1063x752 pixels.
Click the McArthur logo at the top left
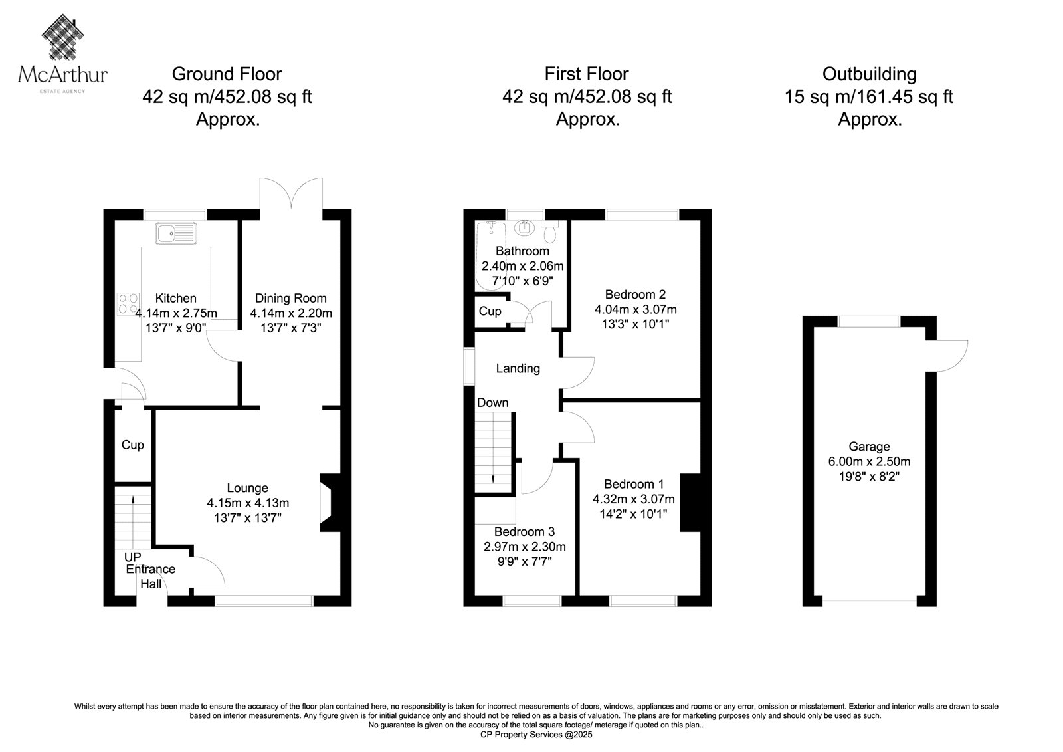pos(62,54)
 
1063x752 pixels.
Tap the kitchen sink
pos(176,233)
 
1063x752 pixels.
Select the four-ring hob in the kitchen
pos(129,304)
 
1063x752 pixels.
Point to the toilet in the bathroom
pos(550,231)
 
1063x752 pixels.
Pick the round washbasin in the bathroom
pos(524,228)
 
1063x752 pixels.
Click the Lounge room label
pos(248,488)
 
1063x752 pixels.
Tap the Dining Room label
pos(291,298)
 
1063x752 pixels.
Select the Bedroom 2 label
pos(635,294)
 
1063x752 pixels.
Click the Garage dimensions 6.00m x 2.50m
pos(870,461)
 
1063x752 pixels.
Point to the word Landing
pos(518,368)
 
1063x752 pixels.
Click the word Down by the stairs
pos(492,402)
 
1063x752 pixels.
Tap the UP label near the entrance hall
pos(133,557)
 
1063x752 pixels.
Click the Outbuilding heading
pos(870,74)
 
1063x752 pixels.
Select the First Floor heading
pos(587,74)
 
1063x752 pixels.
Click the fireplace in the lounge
pos(331,502)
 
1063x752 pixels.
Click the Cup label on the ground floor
pos(132,445)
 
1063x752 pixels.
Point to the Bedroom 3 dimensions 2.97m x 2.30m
pos(525,547)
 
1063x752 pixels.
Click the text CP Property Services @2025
pos(536,735)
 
